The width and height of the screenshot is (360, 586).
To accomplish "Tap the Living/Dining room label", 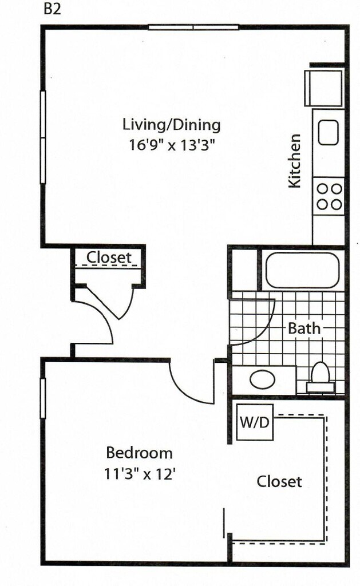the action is coord(172,125).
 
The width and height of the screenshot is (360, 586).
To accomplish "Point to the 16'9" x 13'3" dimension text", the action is coord(173,145).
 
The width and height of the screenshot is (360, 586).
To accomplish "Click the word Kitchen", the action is coord(295,161).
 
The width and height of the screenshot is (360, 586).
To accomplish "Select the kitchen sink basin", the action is coord(329,132).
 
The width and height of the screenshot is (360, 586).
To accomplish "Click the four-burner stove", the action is coord(329,196).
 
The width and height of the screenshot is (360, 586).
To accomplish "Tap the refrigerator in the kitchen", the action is coord(325,88).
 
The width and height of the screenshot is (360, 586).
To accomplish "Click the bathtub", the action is coord(302,270).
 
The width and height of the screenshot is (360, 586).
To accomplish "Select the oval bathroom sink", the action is coord(263,380).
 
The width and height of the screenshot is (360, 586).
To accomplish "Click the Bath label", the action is coord(304,328).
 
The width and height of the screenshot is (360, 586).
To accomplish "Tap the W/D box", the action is coord(255,422).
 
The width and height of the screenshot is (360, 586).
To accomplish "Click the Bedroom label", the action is coord(140,453).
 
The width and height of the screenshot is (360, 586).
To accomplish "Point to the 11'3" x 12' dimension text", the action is coord(140,474).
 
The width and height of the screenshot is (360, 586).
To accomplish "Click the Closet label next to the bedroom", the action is coord(279,481).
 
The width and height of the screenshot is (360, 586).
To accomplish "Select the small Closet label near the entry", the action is coord(109,258).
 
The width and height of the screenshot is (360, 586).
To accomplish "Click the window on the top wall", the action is coord(193,27).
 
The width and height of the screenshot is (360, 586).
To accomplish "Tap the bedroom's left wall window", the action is coord(42,398).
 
